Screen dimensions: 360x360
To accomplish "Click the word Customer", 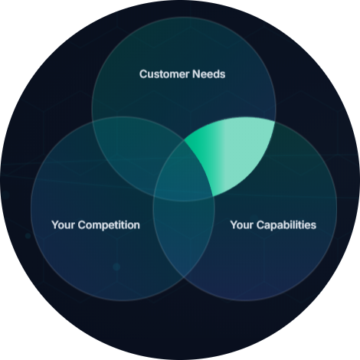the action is (x=164, y=74).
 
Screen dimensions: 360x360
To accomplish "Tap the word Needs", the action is (x=209, y=74).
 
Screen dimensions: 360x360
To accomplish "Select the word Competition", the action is (x=109, y=225).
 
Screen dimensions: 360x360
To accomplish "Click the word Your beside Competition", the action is (x=64, y=225).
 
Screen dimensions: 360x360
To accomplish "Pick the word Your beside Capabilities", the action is (x=242, y=225).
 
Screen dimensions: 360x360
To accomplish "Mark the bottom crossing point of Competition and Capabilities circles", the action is (x=184, y=277).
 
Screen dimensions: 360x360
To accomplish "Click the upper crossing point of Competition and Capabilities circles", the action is (x=184, y=140).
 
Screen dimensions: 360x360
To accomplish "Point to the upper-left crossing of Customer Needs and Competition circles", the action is (x=93, y=121).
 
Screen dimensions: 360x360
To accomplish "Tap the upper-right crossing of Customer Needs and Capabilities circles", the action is (x=275, y=122).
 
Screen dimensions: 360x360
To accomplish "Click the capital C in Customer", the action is (x=143, y=74).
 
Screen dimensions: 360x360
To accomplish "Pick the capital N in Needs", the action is (x=196, y=74).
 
